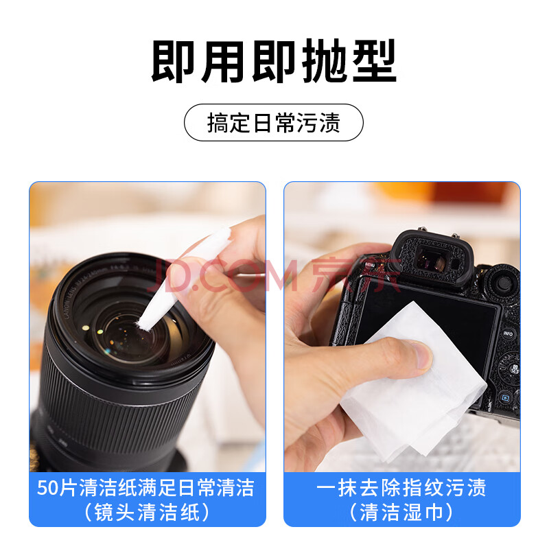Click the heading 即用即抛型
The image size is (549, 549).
(x=274, y=61)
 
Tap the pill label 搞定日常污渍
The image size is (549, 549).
(x=274, y=123)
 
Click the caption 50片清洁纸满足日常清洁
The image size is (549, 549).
(x=145, y=488)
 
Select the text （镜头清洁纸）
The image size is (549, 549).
(x=147, y=512)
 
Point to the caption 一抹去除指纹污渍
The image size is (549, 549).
(x=401, y=488)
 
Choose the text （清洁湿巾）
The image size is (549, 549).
(x=401, y=512)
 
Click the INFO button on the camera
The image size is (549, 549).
(x=508, y=334)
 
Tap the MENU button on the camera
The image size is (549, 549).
(x=370, y=265)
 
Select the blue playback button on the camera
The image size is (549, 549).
(x=505, y=397)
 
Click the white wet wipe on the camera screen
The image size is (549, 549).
(x=413, y=385)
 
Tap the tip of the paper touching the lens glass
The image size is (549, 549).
(x=143, y=325)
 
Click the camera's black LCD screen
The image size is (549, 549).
(x=438, y=308)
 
